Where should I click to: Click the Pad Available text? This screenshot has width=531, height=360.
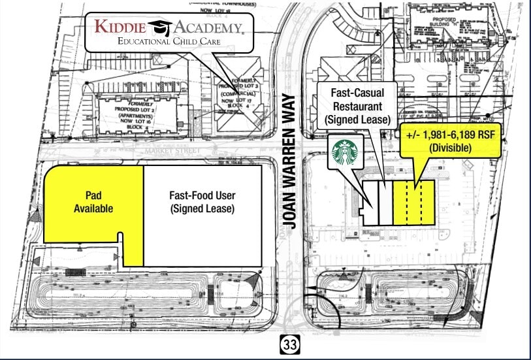(93, 202)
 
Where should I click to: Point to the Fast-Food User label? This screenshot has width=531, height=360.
(202, 195)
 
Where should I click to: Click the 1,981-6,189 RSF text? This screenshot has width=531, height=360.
(450, 135)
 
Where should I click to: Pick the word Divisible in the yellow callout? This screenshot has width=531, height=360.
(450, 148)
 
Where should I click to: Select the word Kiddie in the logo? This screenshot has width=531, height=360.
(120, 27)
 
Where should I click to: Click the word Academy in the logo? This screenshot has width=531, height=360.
(206, 27)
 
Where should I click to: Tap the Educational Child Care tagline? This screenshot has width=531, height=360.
(169, 41)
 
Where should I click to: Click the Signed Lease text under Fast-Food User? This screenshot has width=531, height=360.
(202, 209)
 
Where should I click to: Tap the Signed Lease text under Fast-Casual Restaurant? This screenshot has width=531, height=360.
(357, 120)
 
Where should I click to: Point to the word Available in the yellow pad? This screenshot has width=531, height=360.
(93, 209)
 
